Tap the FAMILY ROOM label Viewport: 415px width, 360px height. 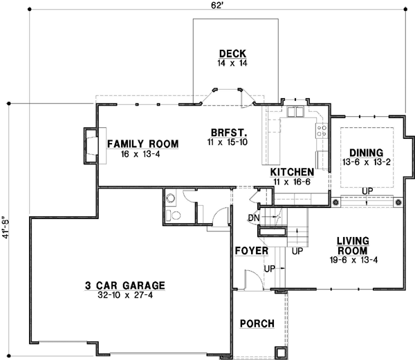(x=142, y=144)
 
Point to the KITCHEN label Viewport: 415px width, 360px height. (x=293, y=171)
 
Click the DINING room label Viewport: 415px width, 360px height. (x=366, y=152)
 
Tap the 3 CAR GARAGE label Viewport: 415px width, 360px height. (x=125, y=285)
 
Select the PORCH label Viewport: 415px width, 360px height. (x=257, y=323)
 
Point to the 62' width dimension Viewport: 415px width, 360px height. (x=217, y=6)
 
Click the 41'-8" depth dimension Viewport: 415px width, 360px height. (x=6, y=227)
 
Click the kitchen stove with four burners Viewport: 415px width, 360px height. (x=322, y=131)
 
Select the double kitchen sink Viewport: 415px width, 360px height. (x=297, y=112)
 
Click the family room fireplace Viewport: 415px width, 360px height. (x=90, y=144)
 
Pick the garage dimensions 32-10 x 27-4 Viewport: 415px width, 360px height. (x=125, y=295)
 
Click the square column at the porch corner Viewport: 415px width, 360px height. (x=280, y=352)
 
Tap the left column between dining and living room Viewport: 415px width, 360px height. (x=336, y=202)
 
